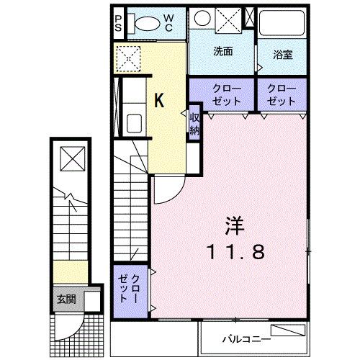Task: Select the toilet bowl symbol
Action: click(146, 23)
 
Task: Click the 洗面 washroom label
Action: click(222, 52)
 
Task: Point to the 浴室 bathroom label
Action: click(282, 53)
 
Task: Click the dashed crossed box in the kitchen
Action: click(129, 58)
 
